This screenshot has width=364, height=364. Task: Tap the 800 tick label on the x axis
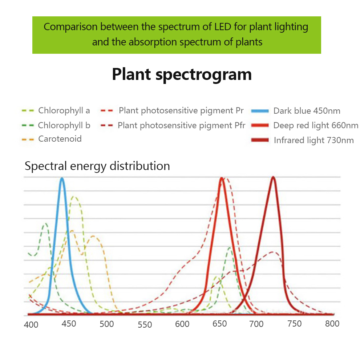tap(332, 324)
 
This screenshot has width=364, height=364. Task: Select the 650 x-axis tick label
tap(220, 324)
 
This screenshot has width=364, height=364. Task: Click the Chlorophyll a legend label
tap(64, 110)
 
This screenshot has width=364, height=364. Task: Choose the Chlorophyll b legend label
tap(64, 125)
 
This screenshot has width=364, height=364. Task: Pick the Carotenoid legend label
tap(60, 139)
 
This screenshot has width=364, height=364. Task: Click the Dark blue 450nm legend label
tap(307, 111)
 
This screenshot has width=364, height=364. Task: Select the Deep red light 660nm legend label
tap(316, 126)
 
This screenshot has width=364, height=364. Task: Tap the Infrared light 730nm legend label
tap(314, 141)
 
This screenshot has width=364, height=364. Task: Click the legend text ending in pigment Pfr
tap(182, 125)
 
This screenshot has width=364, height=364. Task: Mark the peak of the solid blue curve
tap(62, 178)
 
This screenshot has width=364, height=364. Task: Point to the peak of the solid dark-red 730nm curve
tap(273, 177)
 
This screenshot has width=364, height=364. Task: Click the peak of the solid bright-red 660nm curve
tap(221, 178)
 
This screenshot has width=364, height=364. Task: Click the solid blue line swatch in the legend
tap(261, 111)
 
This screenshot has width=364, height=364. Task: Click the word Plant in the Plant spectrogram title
tap(132, 74)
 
